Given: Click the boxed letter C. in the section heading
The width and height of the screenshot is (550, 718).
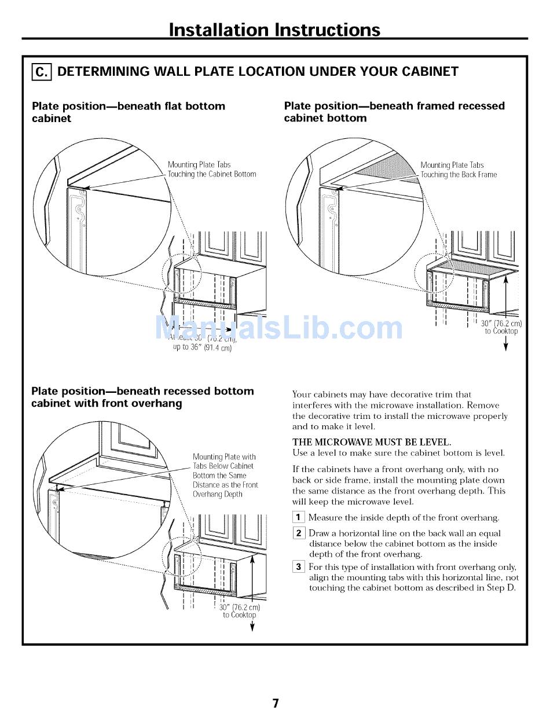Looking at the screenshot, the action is [x=42, y=72].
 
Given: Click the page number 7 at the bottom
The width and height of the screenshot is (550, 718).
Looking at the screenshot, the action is [x=276, y=704].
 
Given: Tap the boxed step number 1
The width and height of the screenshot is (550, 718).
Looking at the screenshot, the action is [x=298, y=518].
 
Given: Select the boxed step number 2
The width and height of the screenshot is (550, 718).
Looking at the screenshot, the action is [x=298, y=533].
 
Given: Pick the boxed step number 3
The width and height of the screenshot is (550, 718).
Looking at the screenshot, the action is [x=298, y=567].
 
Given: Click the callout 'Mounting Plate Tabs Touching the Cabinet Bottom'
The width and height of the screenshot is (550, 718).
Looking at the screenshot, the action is [x=211, y=170].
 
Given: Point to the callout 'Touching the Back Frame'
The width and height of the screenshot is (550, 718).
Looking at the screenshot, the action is [x=459, y=175].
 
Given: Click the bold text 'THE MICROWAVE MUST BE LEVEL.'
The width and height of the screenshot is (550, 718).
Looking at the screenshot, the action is [x=372, y=443].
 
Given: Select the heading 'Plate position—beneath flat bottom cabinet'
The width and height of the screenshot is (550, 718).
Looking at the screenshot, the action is [x=129, y=112].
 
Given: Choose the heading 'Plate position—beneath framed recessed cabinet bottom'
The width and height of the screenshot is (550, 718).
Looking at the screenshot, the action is [x=394, y=112].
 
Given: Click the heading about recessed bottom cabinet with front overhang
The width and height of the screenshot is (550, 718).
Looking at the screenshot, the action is [x=142, y=397].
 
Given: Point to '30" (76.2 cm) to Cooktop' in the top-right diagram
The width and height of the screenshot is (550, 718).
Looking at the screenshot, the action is [x=501, y=327].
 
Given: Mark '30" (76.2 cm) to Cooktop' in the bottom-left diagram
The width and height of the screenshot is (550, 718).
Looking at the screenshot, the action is [x=239, y=611].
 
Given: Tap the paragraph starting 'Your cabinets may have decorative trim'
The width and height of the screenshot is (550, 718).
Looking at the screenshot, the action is [x=400, y=411].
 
